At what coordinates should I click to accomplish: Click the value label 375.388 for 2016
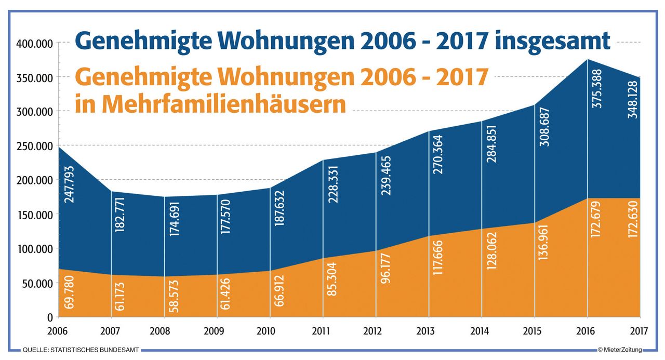(596, 89)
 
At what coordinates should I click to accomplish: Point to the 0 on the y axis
(50, 317)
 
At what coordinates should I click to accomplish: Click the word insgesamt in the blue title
(552, 42)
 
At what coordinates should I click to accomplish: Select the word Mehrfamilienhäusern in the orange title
(210, 103)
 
